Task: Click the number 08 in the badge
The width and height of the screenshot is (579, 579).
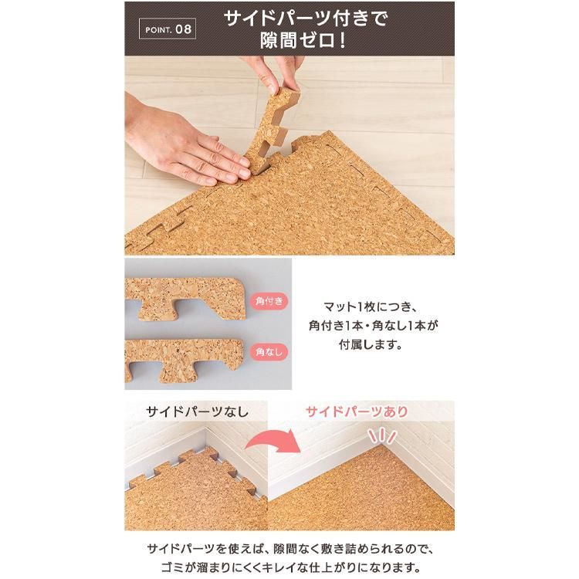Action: tap(182, 31)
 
